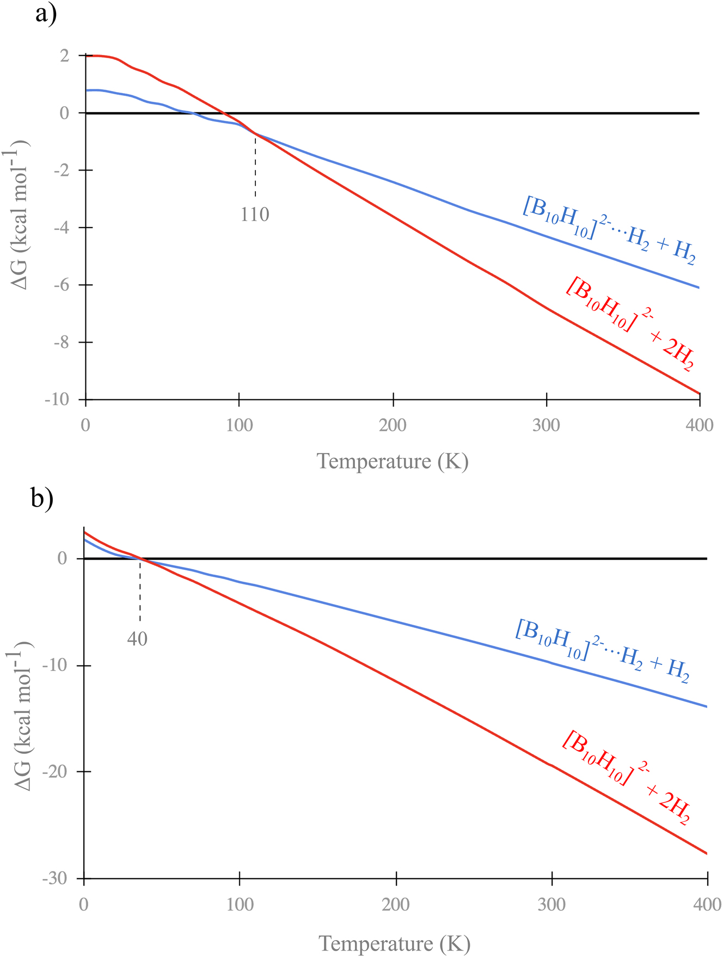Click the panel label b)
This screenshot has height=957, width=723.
pos(42,498)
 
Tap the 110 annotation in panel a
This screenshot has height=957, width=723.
pos(255,215)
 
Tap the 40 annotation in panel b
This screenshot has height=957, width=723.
pos(137,638)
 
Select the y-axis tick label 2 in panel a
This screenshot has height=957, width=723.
pos(65,56)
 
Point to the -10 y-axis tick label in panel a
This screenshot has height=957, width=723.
pos(57,399)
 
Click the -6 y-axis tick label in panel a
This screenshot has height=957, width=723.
pos(61,285)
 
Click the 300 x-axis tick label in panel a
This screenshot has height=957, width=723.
pos(546,425)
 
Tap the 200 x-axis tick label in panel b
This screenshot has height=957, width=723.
pos(396,905)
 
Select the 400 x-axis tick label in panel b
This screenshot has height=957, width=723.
pos(707,905)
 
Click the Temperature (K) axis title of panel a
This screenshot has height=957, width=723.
pos(393,461)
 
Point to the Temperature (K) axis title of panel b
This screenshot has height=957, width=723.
pos(394,943)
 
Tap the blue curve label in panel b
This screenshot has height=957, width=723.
pos(602,650)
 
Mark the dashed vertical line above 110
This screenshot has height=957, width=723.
pos(255,166)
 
